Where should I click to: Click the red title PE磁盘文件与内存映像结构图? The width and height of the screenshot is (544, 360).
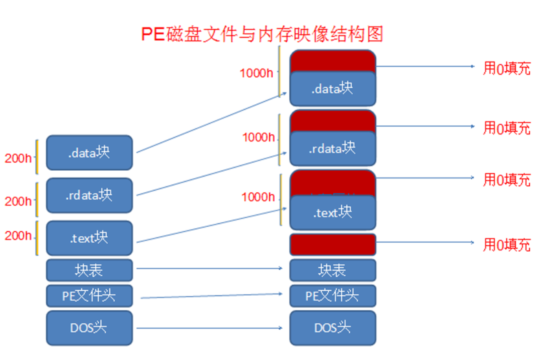pos(262,35)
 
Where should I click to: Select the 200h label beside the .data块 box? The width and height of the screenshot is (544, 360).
pos(18,158)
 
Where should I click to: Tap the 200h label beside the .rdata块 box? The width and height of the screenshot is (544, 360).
pos(18,201)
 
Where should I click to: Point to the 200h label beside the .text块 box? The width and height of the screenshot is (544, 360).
pos(18,236)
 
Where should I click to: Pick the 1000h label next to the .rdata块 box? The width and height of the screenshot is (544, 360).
pos(258,137)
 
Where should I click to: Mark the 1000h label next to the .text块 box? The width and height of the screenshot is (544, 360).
pos(258,197)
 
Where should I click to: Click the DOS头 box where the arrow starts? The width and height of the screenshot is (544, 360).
pos(89,327)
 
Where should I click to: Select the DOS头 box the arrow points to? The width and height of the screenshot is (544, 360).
pos(333,327)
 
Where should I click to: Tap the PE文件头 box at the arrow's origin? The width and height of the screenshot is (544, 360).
pos(89,296)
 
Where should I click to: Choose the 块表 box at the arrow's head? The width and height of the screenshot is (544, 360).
pos(333,270)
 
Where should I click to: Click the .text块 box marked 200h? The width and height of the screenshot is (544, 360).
pos(89,238)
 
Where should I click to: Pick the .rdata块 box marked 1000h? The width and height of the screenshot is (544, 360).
pos(333,148)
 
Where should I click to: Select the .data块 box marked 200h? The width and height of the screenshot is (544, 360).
pos(89,153)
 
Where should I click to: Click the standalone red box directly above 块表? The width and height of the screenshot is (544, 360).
pos(333,244)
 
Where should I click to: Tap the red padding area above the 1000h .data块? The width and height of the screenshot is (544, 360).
pos(333,60)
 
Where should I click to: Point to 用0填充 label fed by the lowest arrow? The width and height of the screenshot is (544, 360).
pos(507,244)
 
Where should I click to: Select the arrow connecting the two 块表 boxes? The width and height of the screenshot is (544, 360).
pos(209,268)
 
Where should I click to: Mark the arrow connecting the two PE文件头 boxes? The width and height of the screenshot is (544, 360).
pos(211,296)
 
